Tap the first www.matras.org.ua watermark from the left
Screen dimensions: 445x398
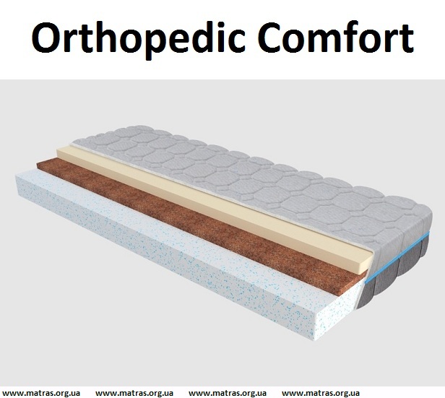click(x=41, y=393)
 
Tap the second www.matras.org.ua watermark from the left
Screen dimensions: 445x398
click(x=134, y=393)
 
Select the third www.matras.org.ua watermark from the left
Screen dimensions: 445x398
click(x=228, y=393)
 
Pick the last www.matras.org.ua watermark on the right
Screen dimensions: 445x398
click(x=321, y=393)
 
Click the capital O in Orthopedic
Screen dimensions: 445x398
click(x=48, y=38)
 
